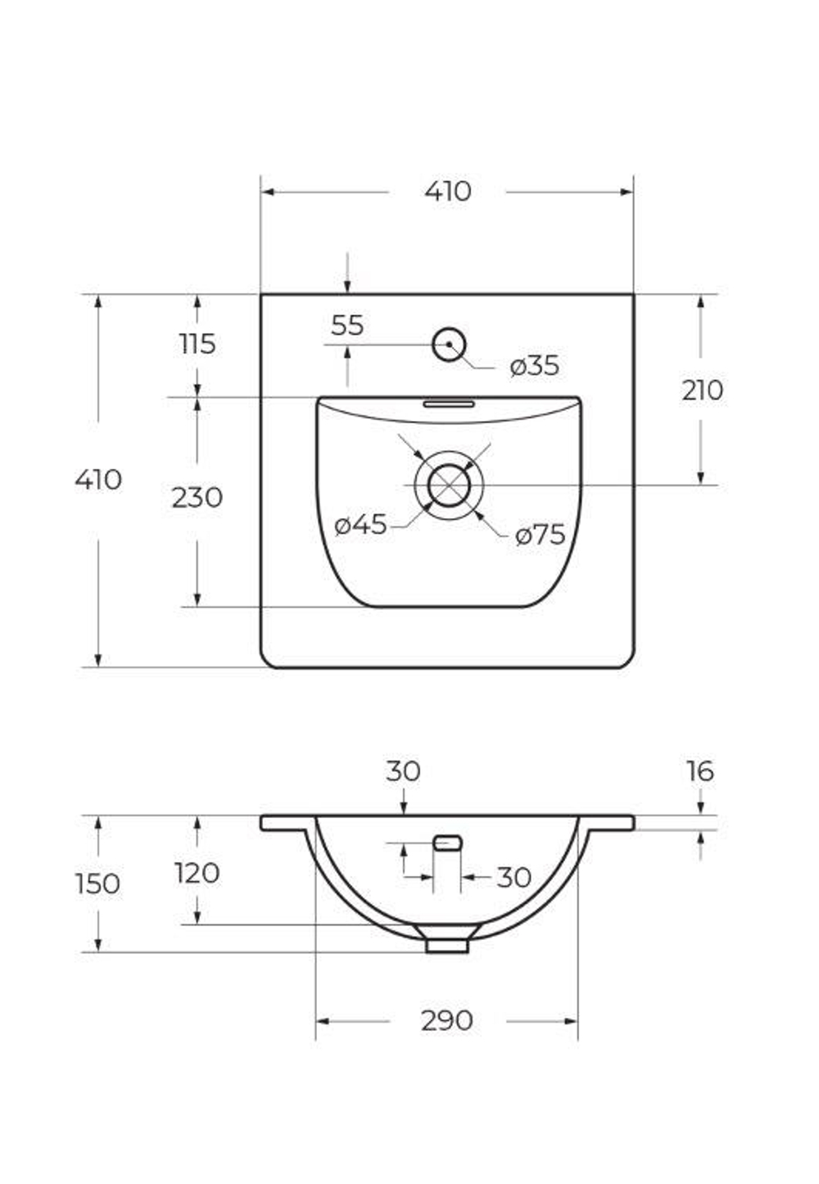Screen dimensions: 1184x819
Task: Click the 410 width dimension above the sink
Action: pos(448,192)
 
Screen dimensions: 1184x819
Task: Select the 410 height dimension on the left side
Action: pos(98,479)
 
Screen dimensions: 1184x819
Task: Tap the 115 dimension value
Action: pos(197,344)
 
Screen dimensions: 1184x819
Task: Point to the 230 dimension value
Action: pos(197,498)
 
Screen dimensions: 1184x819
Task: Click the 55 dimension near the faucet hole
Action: pos(347,326)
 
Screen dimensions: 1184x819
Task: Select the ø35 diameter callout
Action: pos(534,366)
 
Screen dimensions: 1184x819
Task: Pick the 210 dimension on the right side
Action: pos(702,391)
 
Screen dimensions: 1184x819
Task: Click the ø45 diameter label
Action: pos(360,524)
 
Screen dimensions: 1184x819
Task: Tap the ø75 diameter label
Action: pos(541,536)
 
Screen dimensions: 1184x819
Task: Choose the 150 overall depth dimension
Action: pos(97,884)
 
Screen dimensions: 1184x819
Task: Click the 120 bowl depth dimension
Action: pos(197,874)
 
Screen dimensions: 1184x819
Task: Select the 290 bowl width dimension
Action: pos(447,1021)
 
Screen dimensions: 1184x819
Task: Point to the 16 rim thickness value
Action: pos(700,771)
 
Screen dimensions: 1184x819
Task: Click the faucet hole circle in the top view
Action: pos(449,344)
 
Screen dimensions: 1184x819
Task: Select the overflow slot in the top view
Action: pos(448,404)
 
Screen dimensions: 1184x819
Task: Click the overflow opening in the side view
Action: pos(448,843)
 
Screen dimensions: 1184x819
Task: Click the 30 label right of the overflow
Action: pos(514,878)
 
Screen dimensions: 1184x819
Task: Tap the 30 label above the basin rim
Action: pos(403,771)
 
